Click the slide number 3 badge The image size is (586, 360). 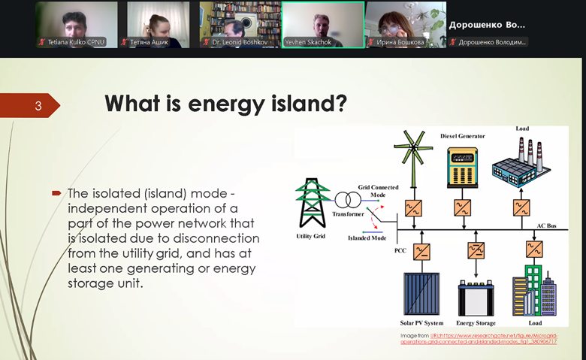(38, 106)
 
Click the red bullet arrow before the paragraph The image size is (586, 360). (56, 193)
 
